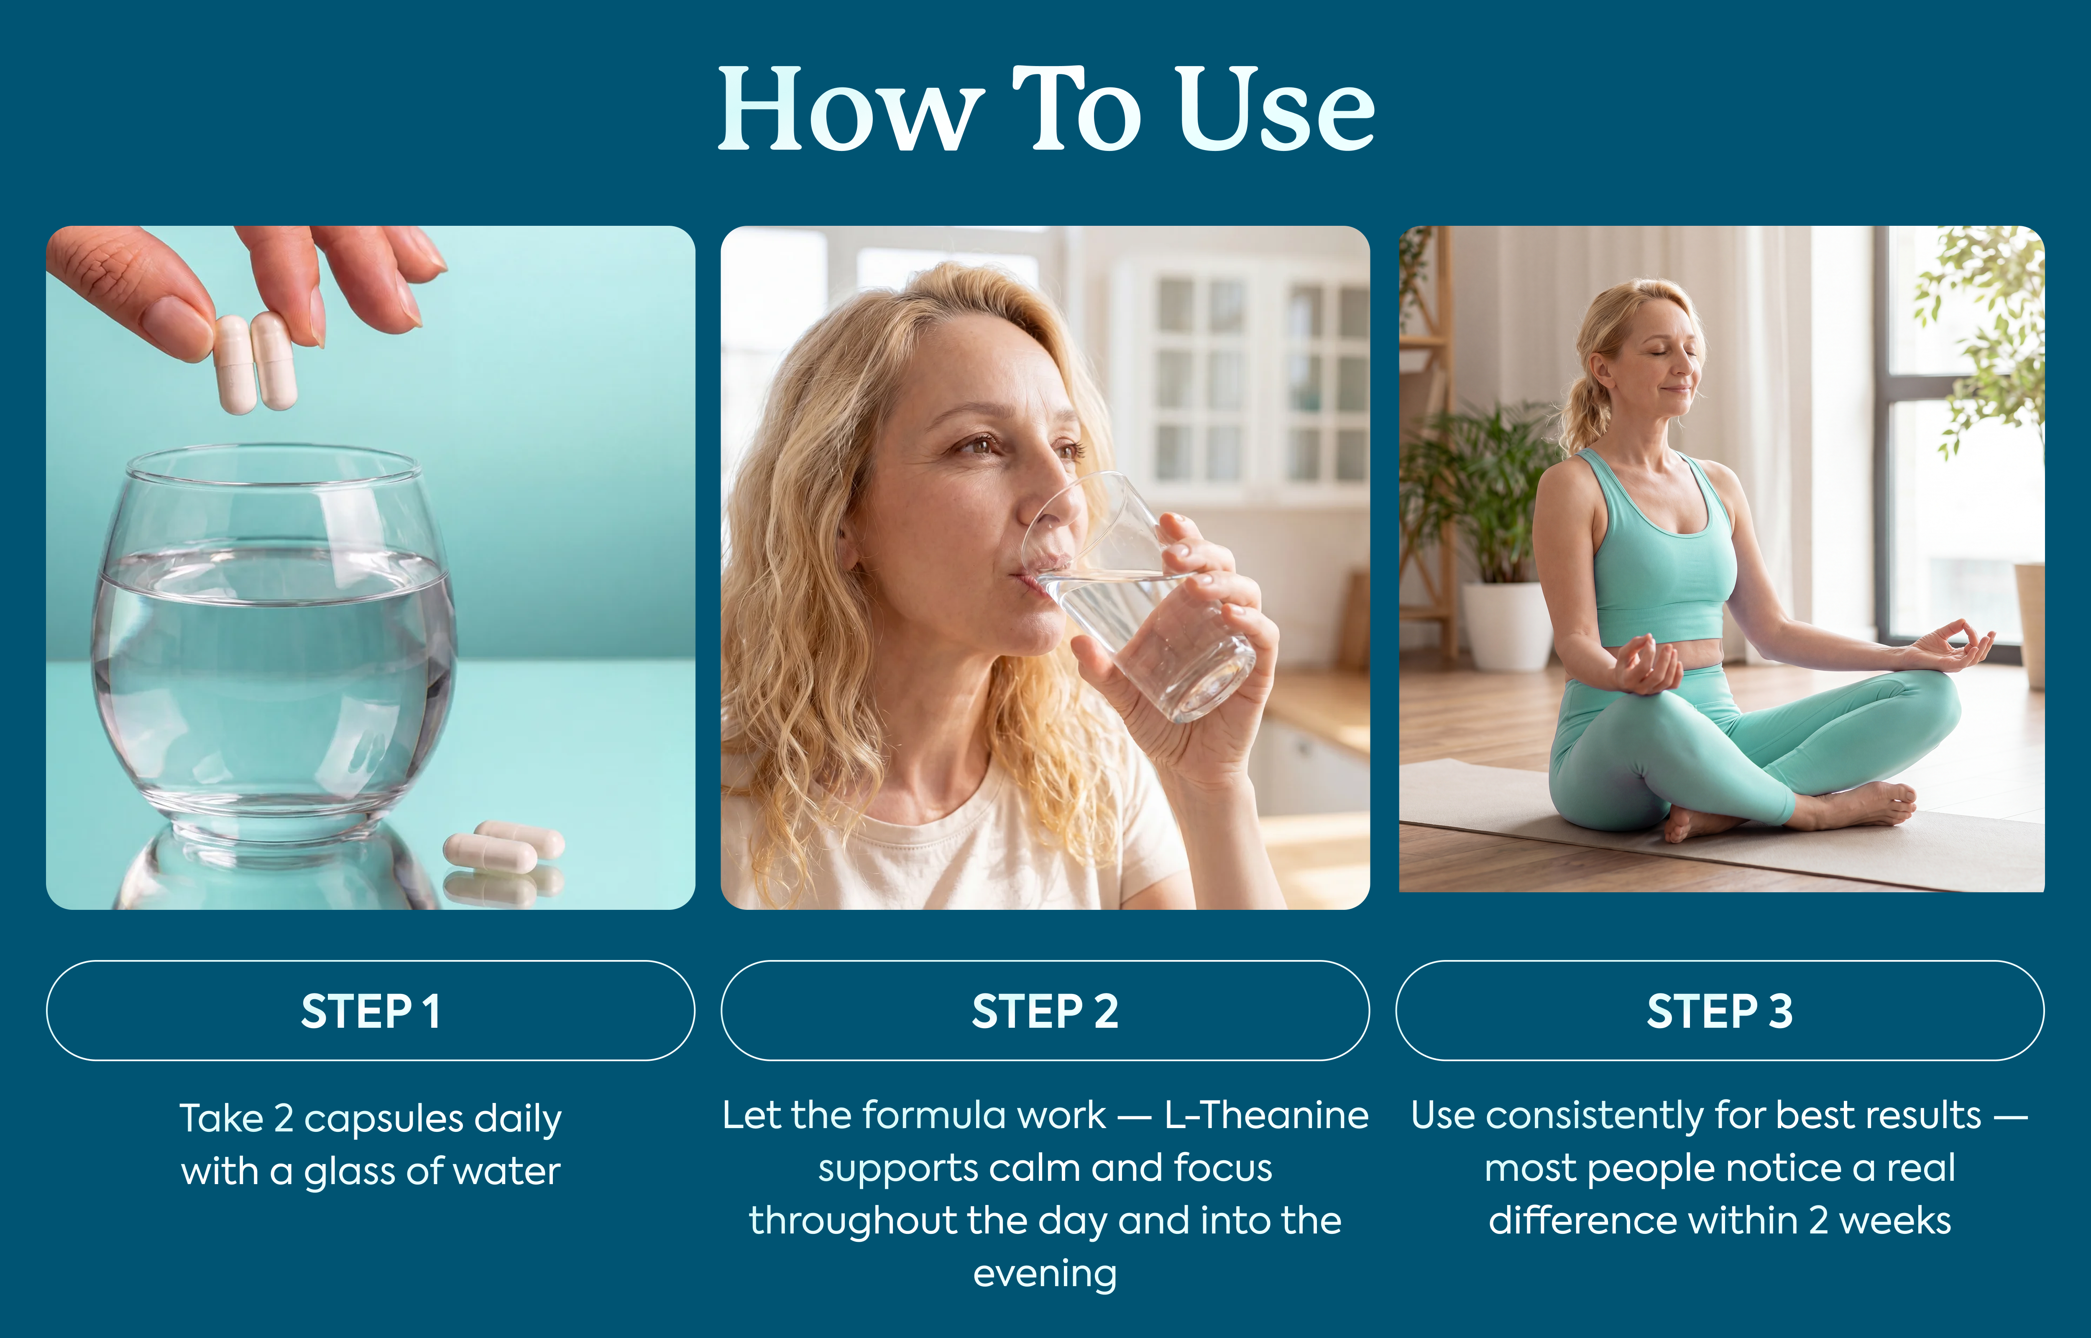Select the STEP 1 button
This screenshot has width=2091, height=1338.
pyautogui.click(x=371, y=1011)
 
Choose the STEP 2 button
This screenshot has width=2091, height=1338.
pyautogui.click(x=1045, y=1011)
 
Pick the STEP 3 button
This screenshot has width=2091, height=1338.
pyautogui.click(x=1720, y=1011)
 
